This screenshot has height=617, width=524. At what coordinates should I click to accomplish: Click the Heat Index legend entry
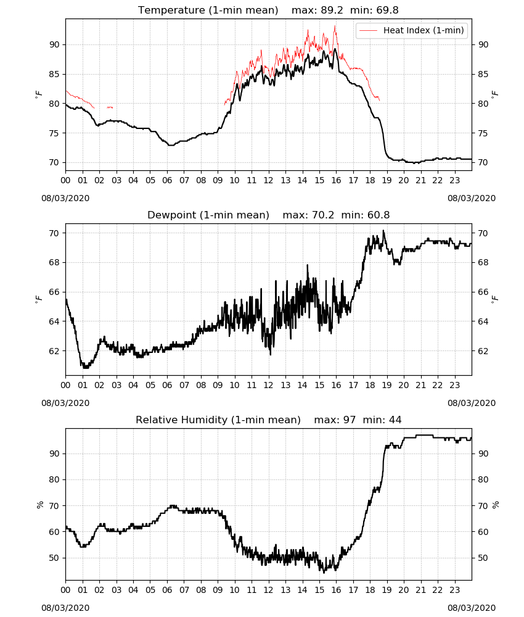point(412,30)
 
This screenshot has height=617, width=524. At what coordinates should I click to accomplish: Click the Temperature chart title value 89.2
point(332,10)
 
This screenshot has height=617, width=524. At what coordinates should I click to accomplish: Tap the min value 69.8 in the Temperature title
point(387,10)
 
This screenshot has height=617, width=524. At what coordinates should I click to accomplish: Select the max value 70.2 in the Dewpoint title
point(323,215)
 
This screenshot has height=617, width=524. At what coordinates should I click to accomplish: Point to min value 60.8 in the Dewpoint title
point(379,215)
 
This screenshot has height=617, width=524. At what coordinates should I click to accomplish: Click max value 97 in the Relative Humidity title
point(349,420)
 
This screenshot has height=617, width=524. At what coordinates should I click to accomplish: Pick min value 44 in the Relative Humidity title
point(395,420)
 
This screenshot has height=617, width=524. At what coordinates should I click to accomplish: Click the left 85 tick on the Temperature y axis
point(55,75)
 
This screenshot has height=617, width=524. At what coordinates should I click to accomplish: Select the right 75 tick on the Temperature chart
point(483,133)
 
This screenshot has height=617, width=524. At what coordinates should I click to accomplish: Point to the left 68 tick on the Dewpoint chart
point(55,262)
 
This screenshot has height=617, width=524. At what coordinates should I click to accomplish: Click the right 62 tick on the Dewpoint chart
point(483,351)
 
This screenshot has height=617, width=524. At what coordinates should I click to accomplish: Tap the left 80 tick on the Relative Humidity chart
point(55,479)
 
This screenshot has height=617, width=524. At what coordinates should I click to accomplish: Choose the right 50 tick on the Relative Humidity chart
point(483,558)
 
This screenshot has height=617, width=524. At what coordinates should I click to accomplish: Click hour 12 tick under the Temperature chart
point(269,181)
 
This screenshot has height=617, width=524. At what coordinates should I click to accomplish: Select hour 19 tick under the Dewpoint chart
point(387,385)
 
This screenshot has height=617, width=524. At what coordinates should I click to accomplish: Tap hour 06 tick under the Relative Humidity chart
point(167,590)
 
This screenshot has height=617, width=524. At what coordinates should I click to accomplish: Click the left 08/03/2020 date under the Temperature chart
point(65,198)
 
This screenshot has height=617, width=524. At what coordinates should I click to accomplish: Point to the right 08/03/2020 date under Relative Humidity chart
point(472,608)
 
